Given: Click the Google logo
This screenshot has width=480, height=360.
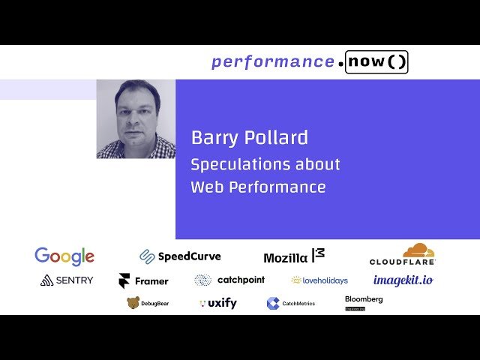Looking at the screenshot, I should pos(64,256).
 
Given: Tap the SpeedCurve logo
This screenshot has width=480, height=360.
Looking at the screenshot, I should pos(180,256).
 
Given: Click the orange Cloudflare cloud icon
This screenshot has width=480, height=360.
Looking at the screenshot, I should pos(418,250).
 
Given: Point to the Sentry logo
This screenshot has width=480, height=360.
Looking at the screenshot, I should pos(67,280).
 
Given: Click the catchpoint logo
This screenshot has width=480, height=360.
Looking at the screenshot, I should pos(229,280).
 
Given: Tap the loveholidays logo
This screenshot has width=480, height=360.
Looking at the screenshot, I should pos(319,280).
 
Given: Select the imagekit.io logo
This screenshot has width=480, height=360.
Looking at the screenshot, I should pos(403,280).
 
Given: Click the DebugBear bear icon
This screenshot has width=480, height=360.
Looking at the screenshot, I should pos(133,303).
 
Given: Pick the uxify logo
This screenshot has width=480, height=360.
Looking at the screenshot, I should pos(217,303).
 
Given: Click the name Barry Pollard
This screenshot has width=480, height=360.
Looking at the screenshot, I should pos(249,138).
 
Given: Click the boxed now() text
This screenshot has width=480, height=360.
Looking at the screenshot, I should pos(377,62).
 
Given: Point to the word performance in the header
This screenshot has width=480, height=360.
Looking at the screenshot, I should pos(272,62).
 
